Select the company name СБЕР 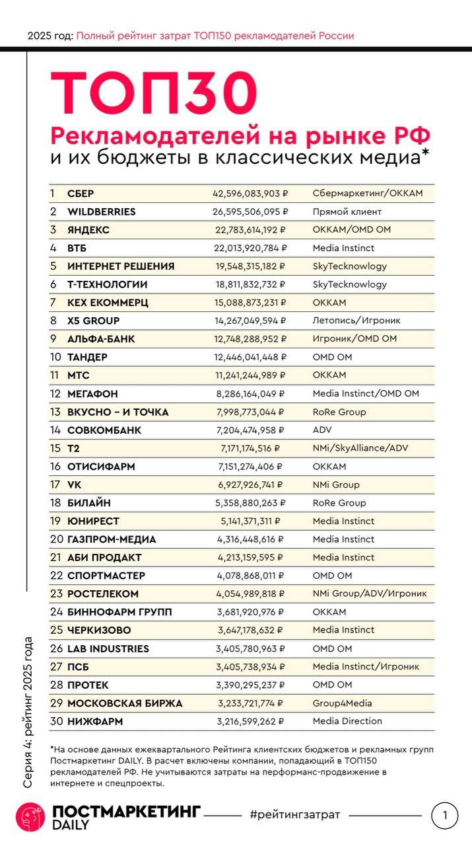coord(81,194)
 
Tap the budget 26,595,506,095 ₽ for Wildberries coord(250,212)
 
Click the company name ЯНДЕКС coord(88,230)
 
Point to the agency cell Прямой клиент coord(347,212)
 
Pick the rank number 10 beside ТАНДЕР coord(55,358)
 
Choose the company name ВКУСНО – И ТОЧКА coord(118,412)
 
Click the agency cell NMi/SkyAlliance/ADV coord(360,448)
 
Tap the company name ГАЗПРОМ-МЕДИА coord(112,539)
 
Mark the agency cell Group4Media coord(342,703)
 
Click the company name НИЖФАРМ coord(95,722)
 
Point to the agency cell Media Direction coord(347,721)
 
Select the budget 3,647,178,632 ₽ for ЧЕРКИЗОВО coord(250,630)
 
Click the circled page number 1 coord(444,816)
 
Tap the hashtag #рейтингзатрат coord(295,815)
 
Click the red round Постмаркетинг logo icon coord(30,817)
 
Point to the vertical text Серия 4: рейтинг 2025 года coord(28,712)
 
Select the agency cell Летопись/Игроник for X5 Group coord(356,321)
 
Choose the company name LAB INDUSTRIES coord(108,648)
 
